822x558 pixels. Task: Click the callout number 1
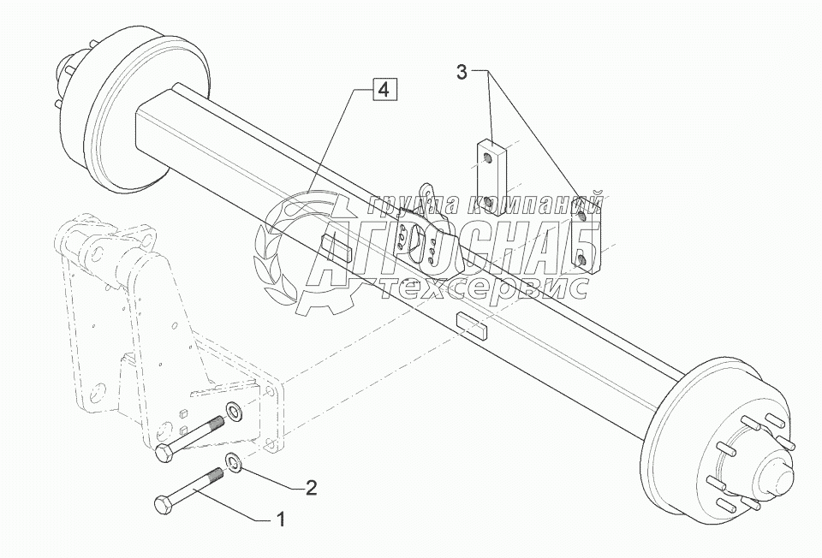click(278, 519)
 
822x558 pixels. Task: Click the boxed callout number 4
click(385, 89)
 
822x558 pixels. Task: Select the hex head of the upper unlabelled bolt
click(164, 454)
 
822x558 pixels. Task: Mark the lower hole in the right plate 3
click(581, 259)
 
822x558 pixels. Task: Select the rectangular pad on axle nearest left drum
click(335, 249)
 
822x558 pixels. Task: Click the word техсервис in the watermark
click(484, 290)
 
